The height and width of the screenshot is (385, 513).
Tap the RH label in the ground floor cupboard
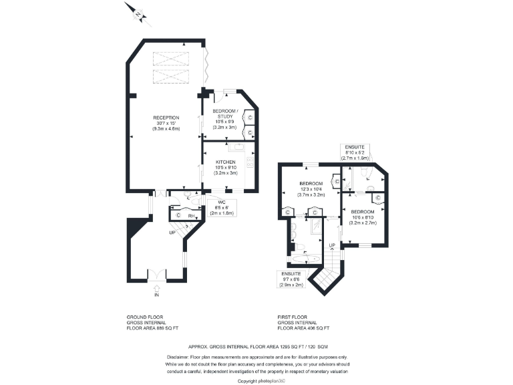(190, 216)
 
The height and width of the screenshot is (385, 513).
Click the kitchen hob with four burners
(250, 162)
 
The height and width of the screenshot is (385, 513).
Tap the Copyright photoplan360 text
(262, 380)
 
